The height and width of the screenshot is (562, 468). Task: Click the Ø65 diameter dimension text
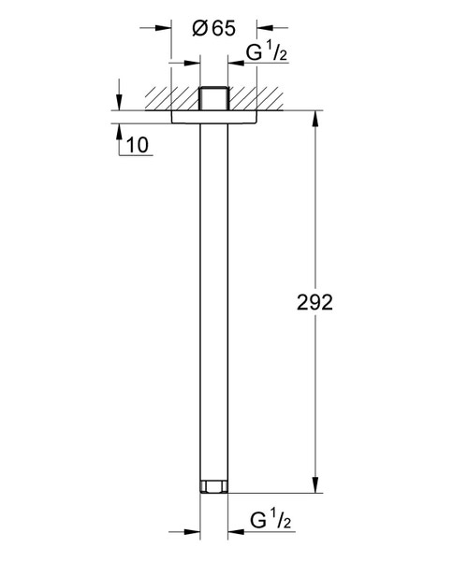214,29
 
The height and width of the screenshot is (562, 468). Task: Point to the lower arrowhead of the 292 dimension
315,486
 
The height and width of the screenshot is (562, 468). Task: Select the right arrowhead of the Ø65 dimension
264,29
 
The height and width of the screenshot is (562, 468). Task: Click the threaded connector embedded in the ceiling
214,98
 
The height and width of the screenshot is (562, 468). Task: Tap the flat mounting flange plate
214,119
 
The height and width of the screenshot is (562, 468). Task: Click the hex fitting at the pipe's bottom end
214,486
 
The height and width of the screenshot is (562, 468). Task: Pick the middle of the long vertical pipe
214,299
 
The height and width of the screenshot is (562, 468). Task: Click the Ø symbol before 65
199,29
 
